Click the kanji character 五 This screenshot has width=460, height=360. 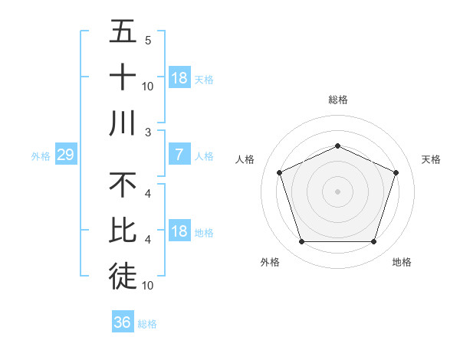click(123, 33)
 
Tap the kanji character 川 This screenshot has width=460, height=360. click(123, 123)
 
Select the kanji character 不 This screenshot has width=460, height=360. click(123, 185)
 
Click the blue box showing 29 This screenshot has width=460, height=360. click(65, 155)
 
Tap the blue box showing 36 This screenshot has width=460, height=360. click(123, 322)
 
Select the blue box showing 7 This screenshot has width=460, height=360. click(179, 155)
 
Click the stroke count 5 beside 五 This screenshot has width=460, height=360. click(148, 41)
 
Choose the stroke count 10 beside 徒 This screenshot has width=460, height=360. click(148, 286)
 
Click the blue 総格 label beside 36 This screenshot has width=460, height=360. click(147, 324)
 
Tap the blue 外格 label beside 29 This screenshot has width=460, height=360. click(41, 156)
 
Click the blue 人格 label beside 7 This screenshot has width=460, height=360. click(204, 156)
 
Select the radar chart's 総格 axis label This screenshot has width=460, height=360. click(338, 100)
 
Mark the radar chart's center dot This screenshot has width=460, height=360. click(337, 191)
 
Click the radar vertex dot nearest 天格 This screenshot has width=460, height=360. click(396, 172)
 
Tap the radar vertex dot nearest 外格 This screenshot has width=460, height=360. click(301, 242)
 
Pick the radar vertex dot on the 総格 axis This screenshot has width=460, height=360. click(337, 146)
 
